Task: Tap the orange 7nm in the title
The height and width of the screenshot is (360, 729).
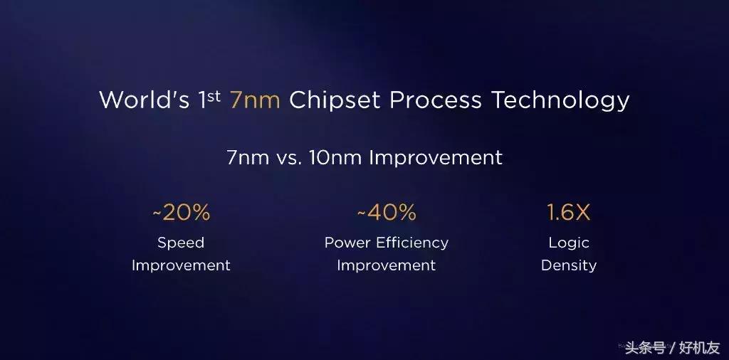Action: coord(255,100)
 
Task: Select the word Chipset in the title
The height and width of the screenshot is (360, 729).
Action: coord(335,100)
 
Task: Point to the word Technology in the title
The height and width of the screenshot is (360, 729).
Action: coord(560,100)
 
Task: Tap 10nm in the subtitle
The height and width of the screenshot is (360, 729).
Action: coord(335,157)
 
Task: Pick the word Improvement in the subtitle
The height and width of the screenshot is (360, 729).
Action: coord(436,157)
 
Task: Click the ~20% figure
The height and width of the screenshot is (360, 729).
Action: coord(181,212)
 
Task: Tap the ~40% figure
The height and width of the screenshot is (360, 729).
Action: coord(386,212)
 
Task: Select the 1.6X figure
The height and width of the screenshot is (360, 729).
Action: coord(568,212)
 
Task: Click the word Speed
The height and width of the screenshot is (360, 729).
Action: coord(181,243)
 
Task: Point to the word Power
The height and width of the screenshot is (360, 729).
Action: coord(347,243)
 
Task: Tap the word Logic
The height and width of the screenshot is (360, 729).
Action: coord(569,243)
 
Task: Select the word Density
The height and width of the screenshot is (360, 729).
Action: coord(569,265)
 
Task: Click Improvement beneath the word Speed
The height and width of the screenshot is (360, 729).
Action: coord(181,265)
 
